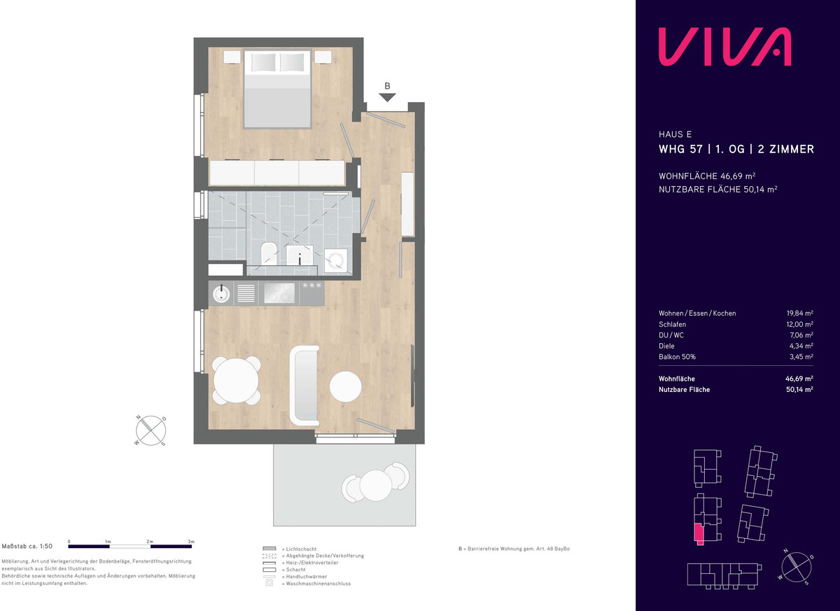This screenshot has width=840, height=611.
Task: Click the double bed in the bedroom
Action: (x=277, y=89)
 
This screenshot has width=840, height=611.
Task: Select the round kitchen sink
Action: (x=221, y=293)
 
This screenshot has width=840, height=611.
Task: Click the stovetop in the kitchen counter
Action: (x=279, y=293)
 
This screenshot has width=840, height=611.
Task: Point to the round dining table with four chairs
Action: (x=237, y=381)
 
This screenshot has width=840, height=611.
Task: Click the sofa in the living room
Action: (x=305, y=386)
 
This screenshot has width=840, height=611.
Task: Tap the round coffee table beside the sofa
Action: (x=345, y=386)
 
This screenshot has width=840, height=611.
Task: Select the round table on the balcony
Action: (x=376, y=486)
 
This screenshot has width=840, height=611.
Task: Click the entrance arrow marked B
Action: (x=387, y=97)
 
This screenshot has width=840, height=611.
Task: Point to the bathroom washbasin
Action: (x=300, y=255)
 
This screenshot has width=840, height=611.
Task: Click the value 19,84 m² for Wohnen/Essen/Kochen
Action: (x=800, y=314)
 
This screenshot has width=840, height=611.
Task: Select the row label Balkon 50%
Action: (x=678, y=357)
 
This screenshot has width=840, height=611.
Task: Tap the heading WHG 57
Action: (x=680, y=149)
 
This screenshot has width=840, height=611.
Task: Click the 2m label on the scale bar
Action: (x=150, y=542)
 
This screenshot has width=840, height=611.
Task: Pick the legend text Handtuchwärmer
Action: (x=307, y=577)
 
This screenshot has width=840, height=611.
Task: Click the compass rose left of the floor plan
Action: (x=150, y=430)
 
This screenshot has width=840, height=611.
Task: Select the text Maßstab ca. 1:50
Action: (x=27, y=546)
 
